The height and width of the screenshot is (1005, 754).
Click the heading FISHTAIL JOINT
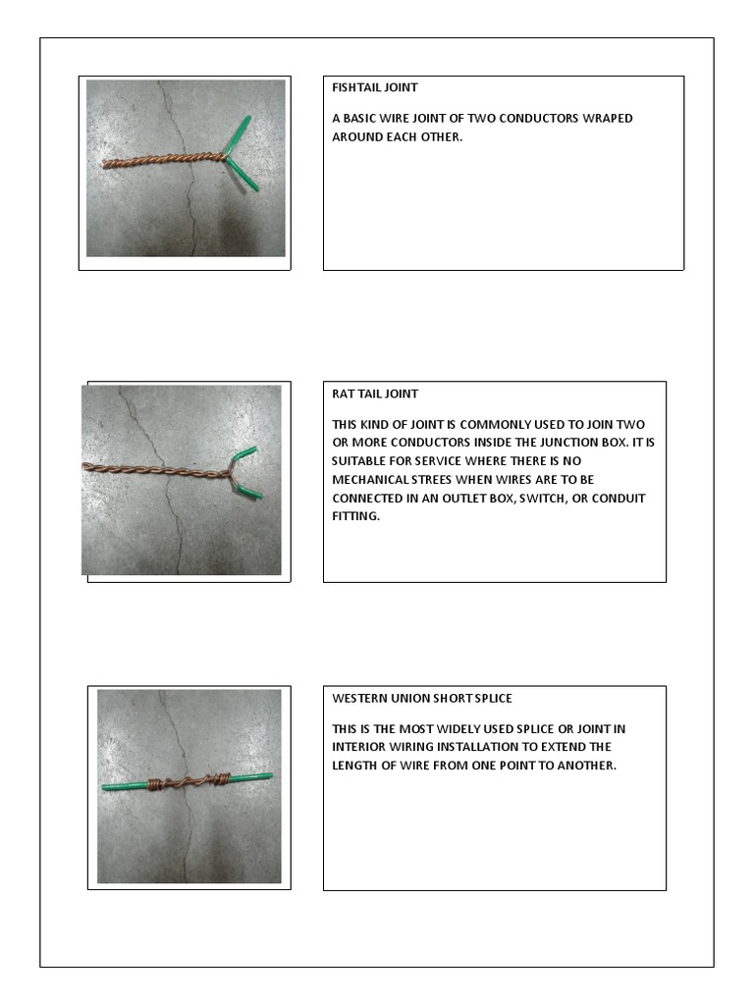tap(375, 87)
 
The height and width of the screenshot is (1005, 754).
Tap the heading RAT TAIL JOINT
tap(375, 394)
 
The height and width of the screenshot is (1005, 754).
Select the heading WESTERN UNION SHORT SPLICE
tap(422, 698)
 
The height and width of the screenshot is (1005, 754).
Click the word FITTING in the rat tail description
tap(354, 515)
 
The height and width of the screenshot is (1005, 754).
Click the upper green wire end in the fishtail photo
tap(241, 130)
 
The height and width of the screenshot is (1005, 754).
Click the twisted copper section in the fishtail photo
tap(167, 160)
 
